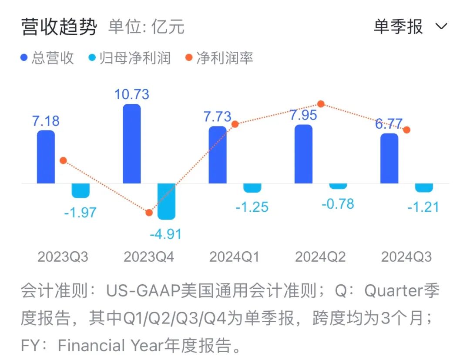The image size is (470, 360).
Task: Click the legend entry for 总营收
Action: coord(47,58)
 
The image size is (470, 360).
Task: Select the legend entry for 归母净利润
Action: coord(129,58)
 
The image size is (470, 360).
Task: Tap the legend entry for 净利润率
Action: coord(220,58)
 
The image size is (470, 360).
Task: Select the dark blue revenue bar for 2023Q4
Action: coord(132,143)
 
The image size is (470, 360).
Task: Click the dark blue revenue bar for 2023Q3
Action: coord(46,157)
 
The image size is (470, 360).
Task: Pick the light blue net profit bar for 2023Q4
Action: coord(166,201)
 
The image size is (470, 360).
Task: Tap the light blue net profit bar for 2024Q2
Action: coord(338,186)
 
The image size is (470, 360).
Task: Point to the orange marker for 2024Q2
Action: coord(321,104)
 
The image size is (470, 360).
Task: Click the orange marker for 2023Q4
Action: coord(149,213)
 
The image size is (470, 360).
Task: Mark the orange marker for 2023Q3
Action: coord(63,160)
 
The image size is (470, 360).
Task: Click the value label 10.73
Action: coord(132,94)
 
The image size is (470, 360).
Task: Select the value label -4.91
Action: coord(165,234)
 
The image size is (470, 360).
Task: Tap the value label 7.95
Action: coord(304,116)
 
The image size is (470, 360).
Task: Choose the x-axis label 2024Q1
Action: coord(235,257)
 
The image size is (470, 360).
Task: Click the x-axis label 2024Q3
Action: coord(406,257)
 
